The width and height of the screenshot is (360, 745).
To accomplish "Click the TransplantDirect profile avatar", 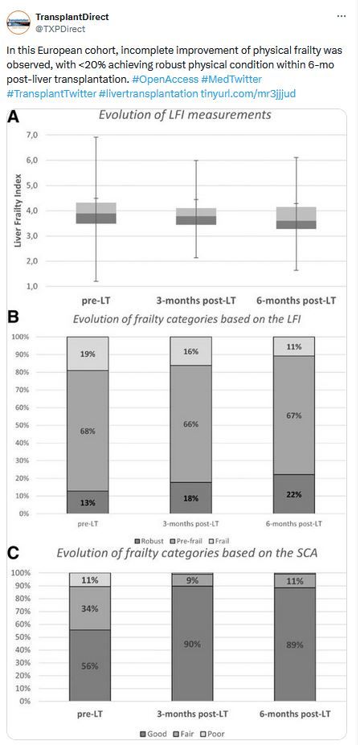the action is (x=18, y=23).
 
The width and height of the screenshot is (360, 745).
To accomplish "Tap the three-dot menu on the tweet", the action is (x=342, y=16).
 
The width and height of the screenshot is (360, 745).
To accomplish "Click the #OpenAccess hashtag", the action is (x=162, y=79).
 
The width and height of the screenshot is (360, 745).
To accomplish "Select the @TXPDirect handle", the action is (x=60, y=29).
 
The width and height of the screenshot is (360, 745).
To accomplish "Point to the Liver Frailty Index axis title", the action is (x=18, y=211).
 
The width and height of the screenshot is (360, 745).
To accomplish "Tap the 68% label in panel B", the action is (x=88, y=431).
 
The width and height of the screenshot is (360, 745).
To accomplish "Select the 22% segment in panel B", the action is (x=293, y=493).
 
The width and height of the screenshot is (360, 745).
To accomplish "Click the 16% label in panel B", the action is (x=190, y=351).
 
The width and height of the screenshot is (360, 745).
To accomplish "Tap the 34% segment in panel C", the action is (x=90, y=608).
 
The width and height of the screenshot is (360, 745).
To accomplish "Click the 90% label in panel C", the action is (x=192, y=645).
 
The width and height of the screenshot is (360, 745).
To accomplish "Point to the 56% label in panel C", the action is (x=90, y=666).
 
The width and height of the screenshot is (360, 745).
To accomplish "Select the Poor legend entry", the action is (x=215, y=734).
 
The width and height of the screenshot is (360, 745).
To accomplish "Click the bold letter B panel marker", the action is (x=13, y=317).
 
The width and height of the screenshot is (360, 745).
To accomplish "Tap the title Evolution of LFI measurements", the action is (x=185, y=114).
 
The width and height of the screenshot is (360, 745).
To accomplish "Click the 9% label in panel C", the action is (x=192, y=580).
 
